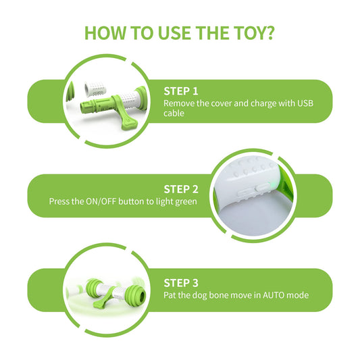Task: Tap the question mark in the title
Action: [269, 33]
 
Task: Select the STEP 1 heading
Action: [181, 91]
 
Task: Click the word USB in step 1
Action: [305, 103]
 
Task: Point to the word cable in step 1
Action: [174, 113]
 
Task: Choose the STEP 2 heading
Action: [181, 189]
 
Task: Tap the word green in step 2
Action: [186, 202]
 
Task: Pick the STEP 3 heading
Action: [181, 283]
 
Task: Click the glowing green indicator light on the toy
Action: [273, 185]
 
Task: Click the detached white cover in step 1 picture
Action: [95, 90]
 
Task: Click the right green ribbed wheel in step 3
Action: [136, 294]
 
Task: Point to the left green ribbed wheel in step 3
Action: [94, 286]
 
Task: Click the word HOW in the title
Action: [105, 33]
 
